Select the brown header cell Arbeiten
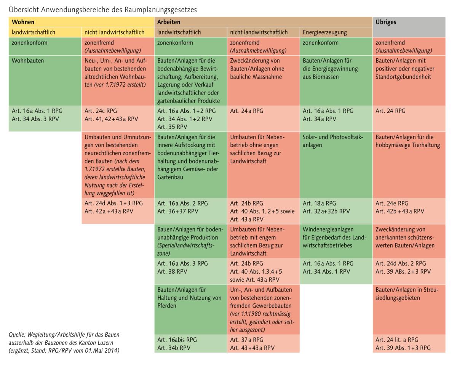(263, 22)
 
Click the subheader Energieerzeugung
(336, 32)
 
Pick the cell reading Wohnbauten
(45, 80)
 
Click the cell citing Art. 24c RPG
(118, 119)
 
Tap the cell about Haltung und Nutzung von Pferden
(190, 309)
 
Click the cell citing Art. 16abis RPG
(190, 343)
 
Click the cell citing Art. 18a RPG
(336, 211)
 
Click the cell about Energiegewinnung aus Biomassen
(336, 80)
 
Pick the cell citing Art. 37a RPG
(263, 343)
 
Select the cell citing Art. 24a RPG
(263, 119)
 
